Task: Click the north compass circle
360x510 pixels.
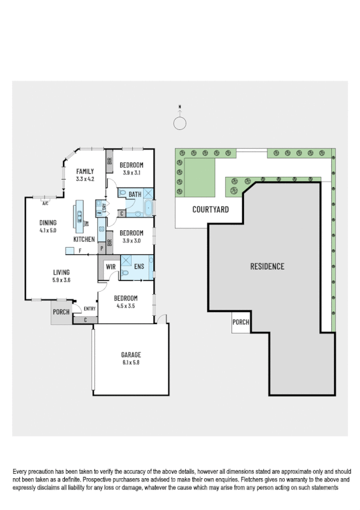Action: (x=180, y=123)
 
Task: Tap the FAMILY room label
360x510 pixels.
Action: (x=85, y=171)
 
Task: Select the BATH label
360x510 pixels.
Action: (x=135, y=194)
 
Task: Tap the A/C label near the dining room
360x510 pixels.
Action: (x=45, y=204)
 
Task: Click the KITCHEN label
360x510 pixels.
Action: (x=84, y=239)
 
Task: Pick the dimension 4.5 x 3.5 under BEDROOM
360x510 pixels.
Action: (x=126, y=305)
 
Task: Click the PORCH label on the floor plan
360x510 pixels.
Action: (x=61, y=312)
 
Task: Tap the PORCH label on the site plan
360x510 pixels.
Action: (x=240, y=322)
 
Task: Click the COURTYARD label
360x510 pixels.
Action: (x=210, y=210)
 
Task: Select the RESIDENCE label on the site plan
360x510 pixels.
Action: (x=267, y=266)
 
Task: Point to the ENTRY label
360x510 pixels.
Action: (x=90, y=309)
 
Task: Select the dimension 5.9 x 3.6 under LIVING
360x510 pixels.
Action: (x=61, y=280)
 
